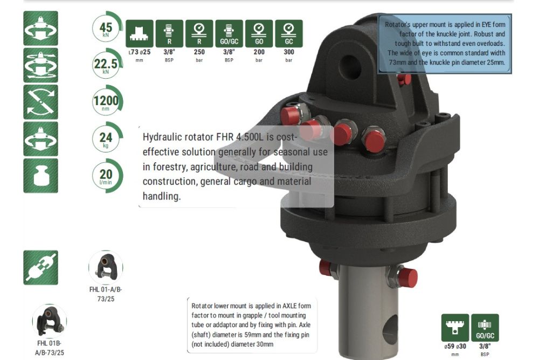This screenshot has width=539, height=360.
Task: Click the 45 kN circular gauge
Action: (107, 27)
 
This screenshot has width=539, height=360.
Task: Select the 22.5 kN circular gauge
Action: (107, 64)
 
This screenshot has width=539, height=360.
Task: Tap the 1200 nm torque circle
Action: (107, 101)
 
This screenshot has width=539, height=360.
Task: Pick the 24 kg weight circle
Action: (107, 137)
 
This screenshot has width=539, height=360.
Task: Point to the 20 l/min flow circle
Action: (107, 175)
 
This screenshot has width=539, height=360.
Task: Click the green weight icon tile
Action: (40, 175)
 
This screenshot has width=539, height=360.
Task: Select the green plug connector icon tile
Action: (40, 267)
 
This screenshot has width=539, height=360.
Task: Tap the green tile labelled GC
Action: (289, 33)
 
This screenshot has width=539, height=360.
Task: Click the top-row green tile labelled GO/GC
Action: (229, 33)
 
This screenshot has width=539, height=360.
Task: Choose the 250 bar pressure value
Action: (199, 52)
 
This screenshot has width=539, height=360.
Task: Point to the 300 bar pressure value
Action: (289, 52)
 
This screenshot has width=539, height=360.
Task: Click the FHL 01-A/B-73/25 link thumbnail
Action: (106, 267)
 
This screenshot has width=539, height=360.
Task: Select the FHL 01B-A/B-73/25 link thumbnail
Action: (50, 321)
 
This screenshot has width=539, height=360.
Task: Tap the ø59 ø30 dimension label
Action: (455, 346)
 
